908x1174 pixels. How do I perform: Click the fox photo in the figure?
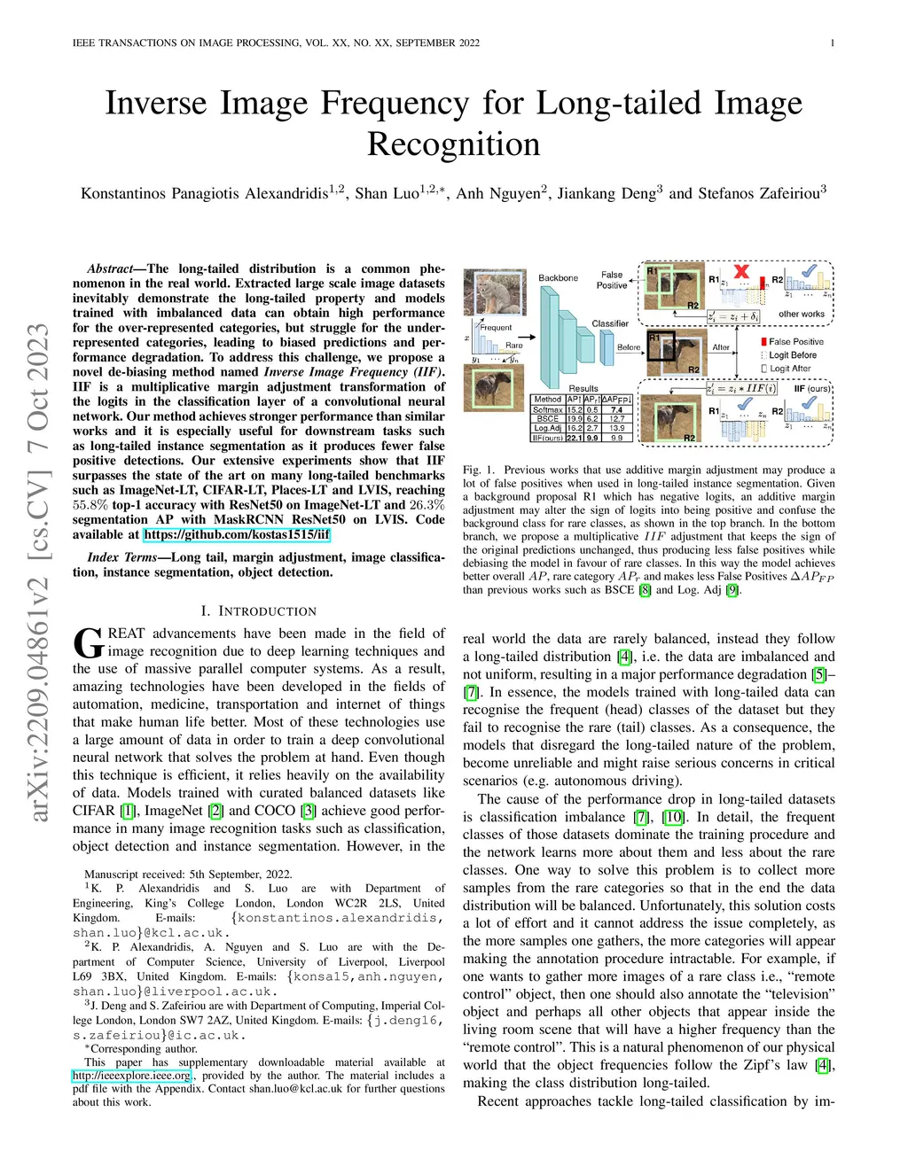491,289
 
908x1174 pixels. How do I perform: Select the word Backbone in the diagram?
558,278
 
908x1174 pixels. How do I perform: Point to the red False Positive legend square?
763,342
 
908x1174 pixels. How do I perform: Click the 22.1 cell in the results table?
575,438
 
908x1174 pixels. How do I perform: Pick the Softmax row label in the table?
547,409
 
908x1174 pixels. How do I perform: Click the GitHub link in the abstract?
237,534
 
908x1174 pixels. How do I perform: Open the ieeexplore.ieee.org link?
132,1076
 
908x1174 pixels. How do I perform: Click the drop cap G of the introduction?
88,642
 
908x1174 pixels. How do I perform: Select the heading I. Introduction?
258,611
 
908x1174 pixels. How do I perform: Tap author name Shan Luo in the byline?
387,193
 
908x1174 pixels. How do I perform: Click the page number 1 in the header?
833,43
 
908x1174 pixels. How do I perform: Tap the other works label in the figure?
801,314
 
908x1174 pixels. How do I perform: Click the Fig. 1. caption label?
478,470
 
